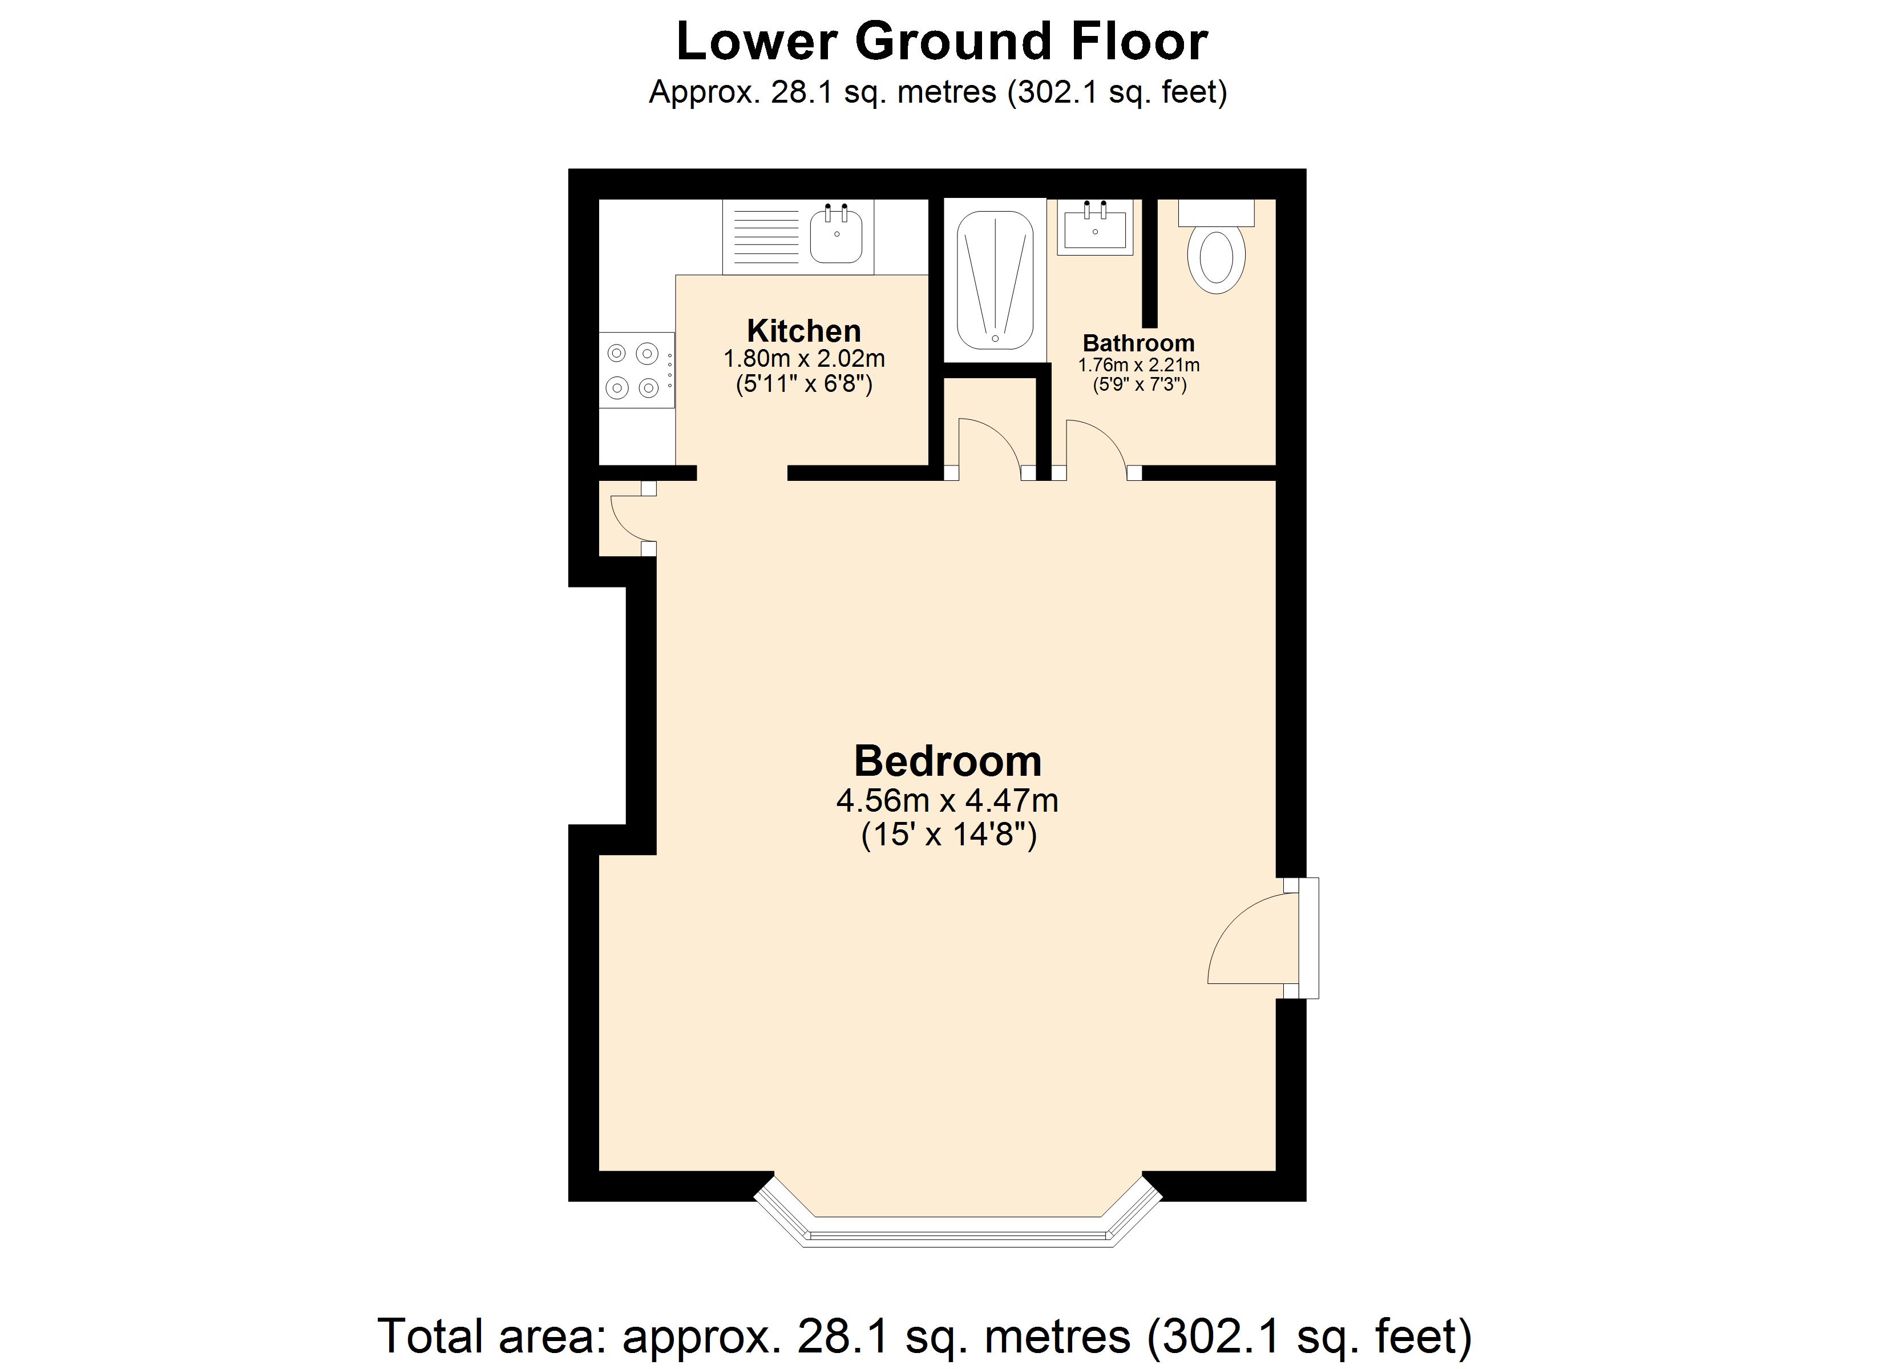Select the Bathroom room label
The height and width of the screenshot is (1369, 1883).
(1138, 343)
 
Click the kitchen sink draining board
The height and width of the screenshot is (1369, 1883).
(766, 237)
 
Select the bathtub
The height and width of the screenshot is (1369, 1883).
(995, 280)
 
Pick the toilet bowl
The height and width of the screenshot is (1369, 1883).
(1217, 261)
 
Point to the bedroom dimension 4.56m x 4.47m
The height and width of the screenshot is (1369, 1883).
(947, 801)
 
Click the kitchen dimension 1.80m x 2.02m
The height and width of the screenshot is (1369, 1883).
(803, 359)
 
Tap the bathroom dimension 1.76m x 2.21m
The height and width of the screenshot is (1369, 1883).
(1138, 365)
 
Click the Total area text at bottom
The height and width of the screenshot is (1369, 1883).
(925, 1336)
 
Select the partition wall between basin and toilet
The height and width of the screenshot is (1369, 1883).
(1149, 264)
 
